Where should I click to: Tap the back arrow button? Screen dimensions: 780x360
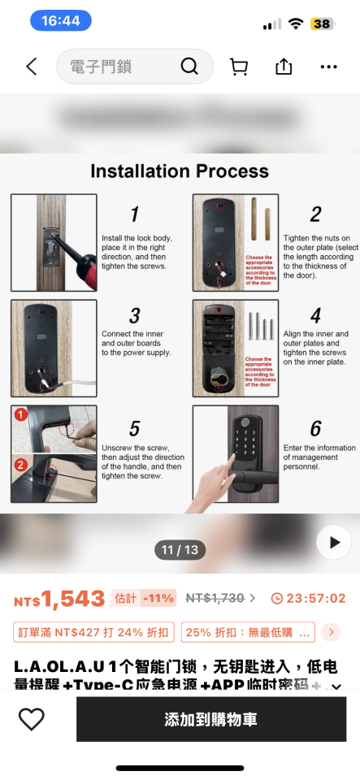[31, 67]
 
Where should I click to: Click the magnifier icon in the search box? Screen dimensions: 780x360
[189, 67]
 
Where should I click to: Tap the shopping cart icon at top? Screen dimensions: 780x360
[239, 67]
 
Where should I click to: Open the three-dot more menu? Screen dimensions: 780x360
[328, 67]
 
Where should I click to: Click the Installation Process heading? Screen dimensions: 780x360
[180, 171]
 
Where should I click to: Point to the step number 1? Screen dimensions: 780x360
[134, 214]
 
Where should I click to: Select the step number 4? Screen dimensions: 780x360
[315, 315]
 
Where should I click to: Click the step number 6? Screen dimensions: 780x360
[315, 428]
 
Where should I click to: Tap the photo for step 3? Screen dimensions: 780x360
[54, 348]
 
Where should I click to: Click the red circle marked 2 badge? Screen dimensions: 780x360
[20, 465]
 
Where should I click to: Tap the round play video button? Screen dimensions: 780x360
[333, 542]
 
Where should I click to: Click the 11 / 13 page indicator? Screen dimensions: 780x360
[180, 550]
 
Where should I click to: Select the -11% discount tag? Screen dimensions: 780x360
[158, 599]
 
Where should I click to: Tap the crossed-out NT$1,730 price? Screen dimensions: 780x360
[215, 598]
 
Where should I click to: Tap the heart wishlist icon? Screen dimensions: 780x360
[32, 719]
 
